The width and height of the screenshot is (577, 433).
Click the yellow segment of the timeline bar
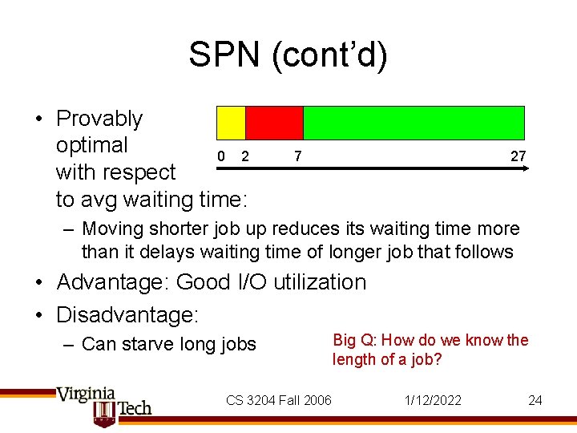tap(231, 123)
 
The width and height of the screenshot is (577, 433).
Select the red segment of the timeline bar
tap(274, 123)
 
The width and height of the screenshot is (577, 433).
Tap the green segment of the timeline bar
tap(414, 123)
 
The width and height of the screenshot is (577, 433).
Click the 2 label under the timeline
tap(245, 156)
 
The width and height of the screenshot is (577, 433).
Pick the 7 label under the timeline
tap(297, 156)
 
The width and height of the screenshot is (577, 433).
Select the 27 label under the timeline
tap(518, 156)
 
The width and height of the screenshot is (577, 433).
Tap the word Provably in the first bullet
tap(99, 119)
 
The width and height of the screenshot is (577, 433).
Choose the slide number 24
tap(535, 400)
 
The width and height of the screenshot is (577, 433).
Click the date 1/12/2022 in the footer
tap(434, 400)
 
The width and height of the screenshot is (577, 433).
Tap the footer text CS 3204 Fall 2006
tap(278, 400)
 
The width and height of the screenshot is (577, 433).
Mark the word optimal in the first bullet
tap(91, 145)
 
